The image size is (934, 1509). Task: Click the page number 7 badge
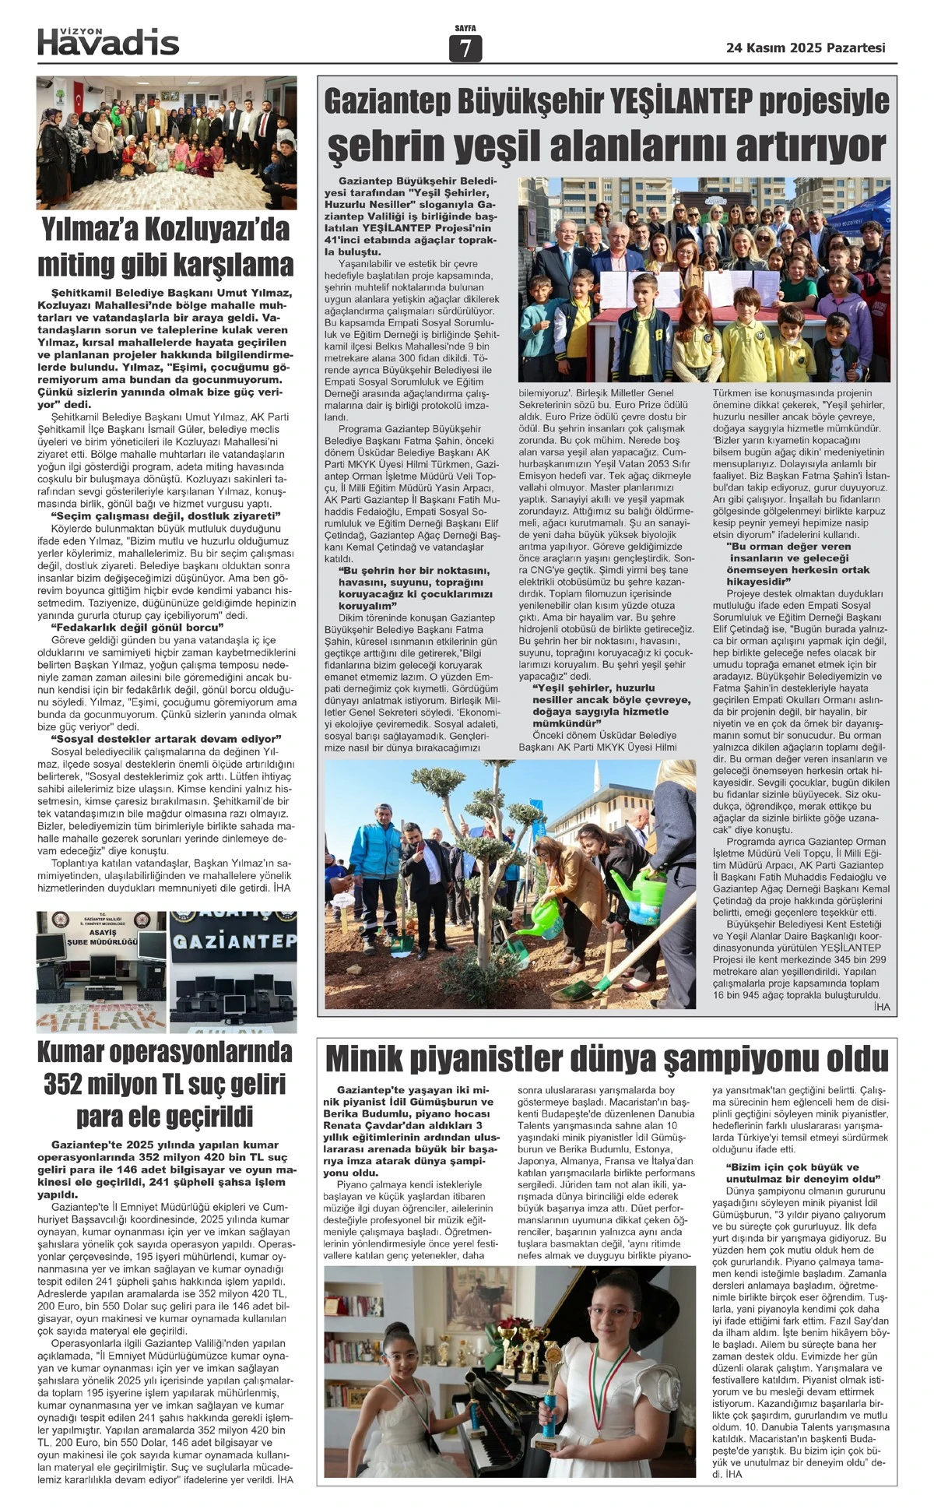point(465,48)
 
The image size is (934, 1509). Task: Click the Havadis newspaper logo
point(108,43)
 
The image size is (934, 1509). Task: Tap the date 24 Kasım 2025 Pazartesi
point(805,47)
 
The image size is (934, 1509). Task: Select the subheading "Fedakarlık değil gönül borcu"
point(137,627)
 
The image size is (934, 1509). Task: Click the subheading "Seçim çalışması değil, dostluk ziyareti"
point(165,516)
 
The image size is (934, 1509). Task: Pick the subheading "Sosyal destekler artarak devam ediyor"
point(166,738)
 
